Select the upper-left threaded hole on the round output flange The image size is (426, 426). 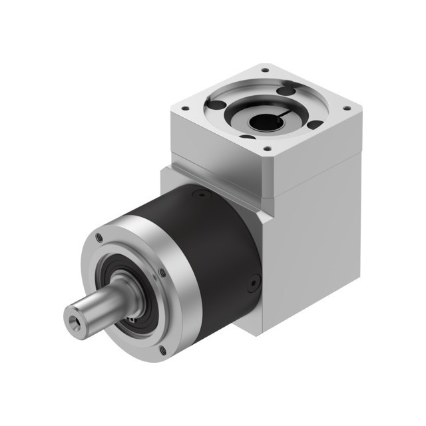click(99, 236)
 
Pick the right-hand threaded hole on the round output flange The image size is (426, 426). click(162, 272)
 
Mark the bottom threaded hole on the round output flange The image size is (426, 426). click(162, 349)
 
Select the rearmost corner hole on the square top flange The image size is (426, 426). click(264, 70)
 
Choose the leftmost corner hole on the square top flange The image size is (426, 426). click(184, 108)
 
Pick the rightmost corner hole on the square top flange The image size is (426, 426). click(346, 108)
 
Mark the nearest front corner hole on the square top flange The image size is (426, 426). click(266, 149)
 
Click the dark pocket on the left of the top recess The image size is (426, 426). click(216, 105)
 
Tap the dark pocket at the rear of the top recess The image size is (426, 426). click(285, 91)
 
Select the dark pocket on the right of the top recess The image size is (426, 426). click(313, 124)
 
